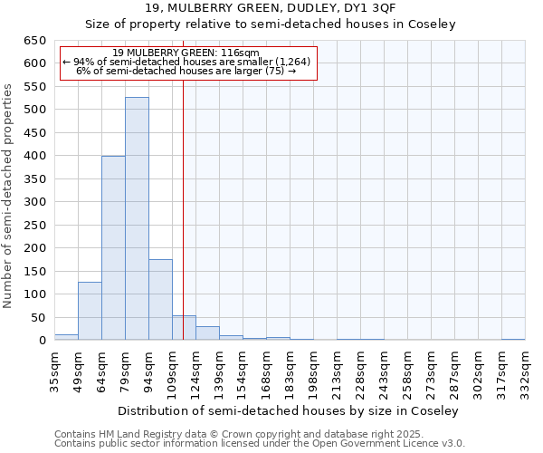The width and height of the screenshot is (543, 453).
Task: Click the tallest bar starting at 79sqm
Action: pos(137,218)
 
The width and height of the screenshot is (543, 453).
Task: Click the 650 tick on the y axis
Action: pos(34,41)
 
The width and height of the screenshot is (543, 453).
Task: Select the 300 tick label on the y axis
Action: pos(34,202)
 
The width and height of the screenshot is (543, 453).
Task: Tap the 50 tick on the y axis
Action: pos(38,317)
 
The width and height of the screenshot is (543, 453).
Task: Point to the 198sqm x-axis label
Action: pos(313,372)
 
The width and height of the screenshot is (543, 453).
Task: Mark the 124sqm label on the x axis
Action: pos(195,372)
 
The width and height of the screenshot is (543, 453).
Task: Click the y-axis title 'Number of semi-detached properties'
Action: pos(8,196)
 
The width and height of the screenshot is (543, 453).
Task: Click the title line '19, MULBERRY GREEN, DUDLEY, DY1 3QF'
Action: pos(271,8)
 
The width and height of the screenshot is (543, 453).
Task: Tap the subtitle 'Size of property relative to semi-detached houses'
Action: pos(271,24)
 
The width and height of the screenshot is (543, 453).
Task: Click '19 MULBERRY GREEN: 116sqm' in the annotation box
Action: pos(187,53)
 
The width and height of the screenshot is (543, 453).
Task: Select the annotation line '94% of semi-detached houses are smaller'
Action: pos(187,62)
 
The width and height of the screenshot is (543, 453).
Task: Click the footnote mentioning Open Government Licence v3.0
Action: pos(260,444)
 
